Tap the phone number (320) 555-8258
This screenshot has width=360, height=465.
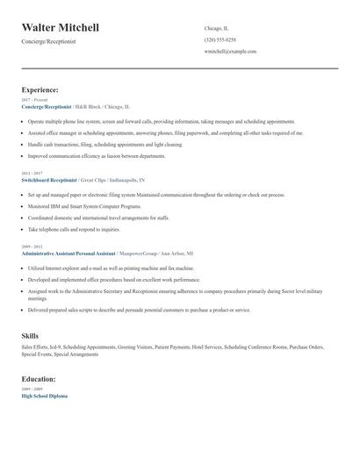(x=220, y=39)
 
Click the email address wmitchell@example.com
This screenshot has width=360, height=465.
(x=229, y=51)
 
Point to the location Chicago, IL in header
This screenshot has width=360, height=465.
(x=216, y=28)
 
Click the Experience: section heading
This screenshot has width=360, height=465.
(x=40, y=89)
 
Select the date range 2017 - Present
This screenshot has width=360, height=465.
(x=35, y=100)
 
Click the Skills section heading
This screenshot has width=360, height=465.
(x=30, y=336)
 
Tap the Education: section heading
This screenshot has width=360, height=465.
(x=39, y=379)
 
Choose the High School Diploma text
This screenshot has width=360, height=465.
(x=44, y=396)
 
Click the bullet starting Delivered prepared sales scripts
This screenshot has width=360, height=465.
(x=139, y=310)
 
